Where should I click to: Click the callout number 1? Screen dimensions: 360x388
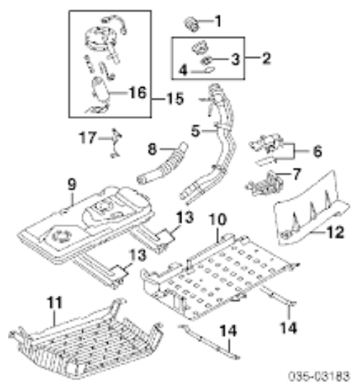tap(218, 21)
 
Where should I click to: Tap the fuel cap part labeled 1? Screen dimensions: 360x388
tap(192, 24)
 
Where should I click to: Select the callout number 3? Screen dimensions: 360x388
tap(235, 59)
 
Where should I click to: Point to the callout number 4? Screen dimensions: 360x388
tap(183, 71)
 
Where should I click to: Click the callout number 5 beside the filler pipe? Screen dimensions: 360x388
tap(195, 131)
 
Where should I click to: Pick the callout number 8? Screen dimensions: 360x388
tap(152, 149)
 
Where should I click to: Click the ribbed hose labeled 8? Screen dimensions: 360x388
tap(162, 165)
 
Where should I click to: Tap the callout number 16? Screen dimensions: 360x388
tap(138, 93)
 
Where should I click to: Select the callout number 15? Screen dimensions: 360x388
tap(176, 99)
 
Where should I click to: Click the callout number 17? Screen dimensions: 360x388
tap(88, 137)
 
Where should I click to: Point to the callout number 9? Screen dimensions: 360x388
tap(72, 184)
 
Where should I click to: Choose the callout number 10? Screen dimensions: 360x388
tap(217, 220)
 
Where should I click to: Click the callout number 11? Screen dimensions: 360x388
tap(55, 302)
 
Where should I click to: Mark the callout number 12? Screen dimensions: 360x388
tap(336, 233)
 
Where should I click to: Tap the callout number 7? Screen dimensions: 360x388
tap(297, 174)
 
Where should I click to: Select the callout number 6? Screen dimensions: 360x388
tap(318, 151)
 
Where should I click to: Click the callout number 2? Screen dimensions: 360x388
tap(266, 59)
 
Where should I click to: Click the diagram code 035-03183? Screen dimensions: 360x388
tap(319, 376)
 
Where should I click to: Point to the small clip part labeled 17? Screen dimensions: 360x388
tap(116, 143)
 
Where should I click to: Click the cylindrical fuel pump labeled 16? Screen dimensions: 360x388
tap(99, 90)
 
